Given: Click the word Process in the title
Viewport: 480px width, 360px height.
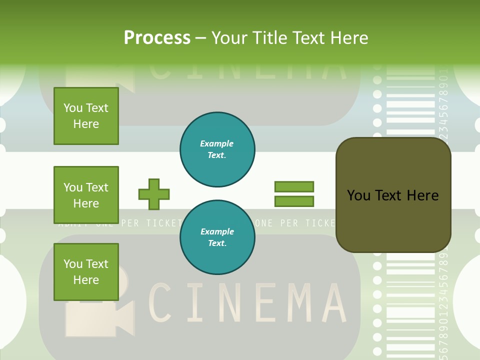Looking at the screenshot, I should (x=157, y=38).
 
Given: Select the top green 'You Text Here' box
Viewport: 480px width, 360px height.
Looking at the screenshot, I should (x=86, y=116).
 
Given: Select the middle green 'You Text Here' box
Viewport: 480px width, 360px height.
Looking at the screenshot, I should (x=86, y=195).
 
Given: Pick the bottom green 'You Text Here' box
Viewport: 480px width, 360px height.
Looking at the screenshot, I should (x=86, y=272).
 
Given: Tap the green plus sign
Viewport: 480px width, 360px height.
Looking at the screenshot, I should (x=154, y=194).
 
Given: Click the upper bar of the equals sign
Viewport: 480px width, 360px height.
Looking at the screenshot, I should (x=294, y=186).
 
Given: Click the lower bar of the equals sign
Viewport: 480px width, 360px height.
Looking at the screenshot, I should (x=294, y=201).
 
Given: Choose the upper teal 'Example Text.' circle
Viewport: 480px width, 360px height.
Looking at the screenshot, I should (x=217, y=149).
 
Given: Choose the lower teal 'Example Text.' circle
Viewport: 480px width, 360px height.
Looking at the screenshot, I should (x=217, y=237).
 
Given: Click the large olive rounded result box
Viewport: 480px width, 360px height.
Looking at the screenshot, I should (x=393, y=195).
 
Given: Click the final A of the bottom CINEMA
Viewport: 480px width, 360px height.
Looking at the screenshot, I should (x=331, y=302).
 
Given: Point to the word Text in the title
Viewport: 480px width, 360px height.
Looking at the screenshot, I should (x=307, y=38).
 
